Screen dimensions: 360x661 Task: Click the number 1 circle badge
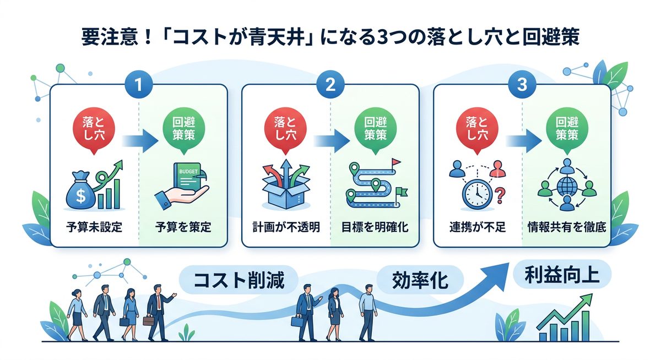coord(139,85)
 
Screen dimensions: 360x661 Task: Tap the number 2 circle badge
coord(331,85)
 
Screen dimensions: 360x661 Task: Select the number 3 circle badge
coord(522,85)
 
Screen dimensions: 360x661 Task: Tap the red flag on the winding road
coord(395,162)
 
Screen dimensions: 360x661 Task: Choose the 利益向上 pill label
coord(561,274)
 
